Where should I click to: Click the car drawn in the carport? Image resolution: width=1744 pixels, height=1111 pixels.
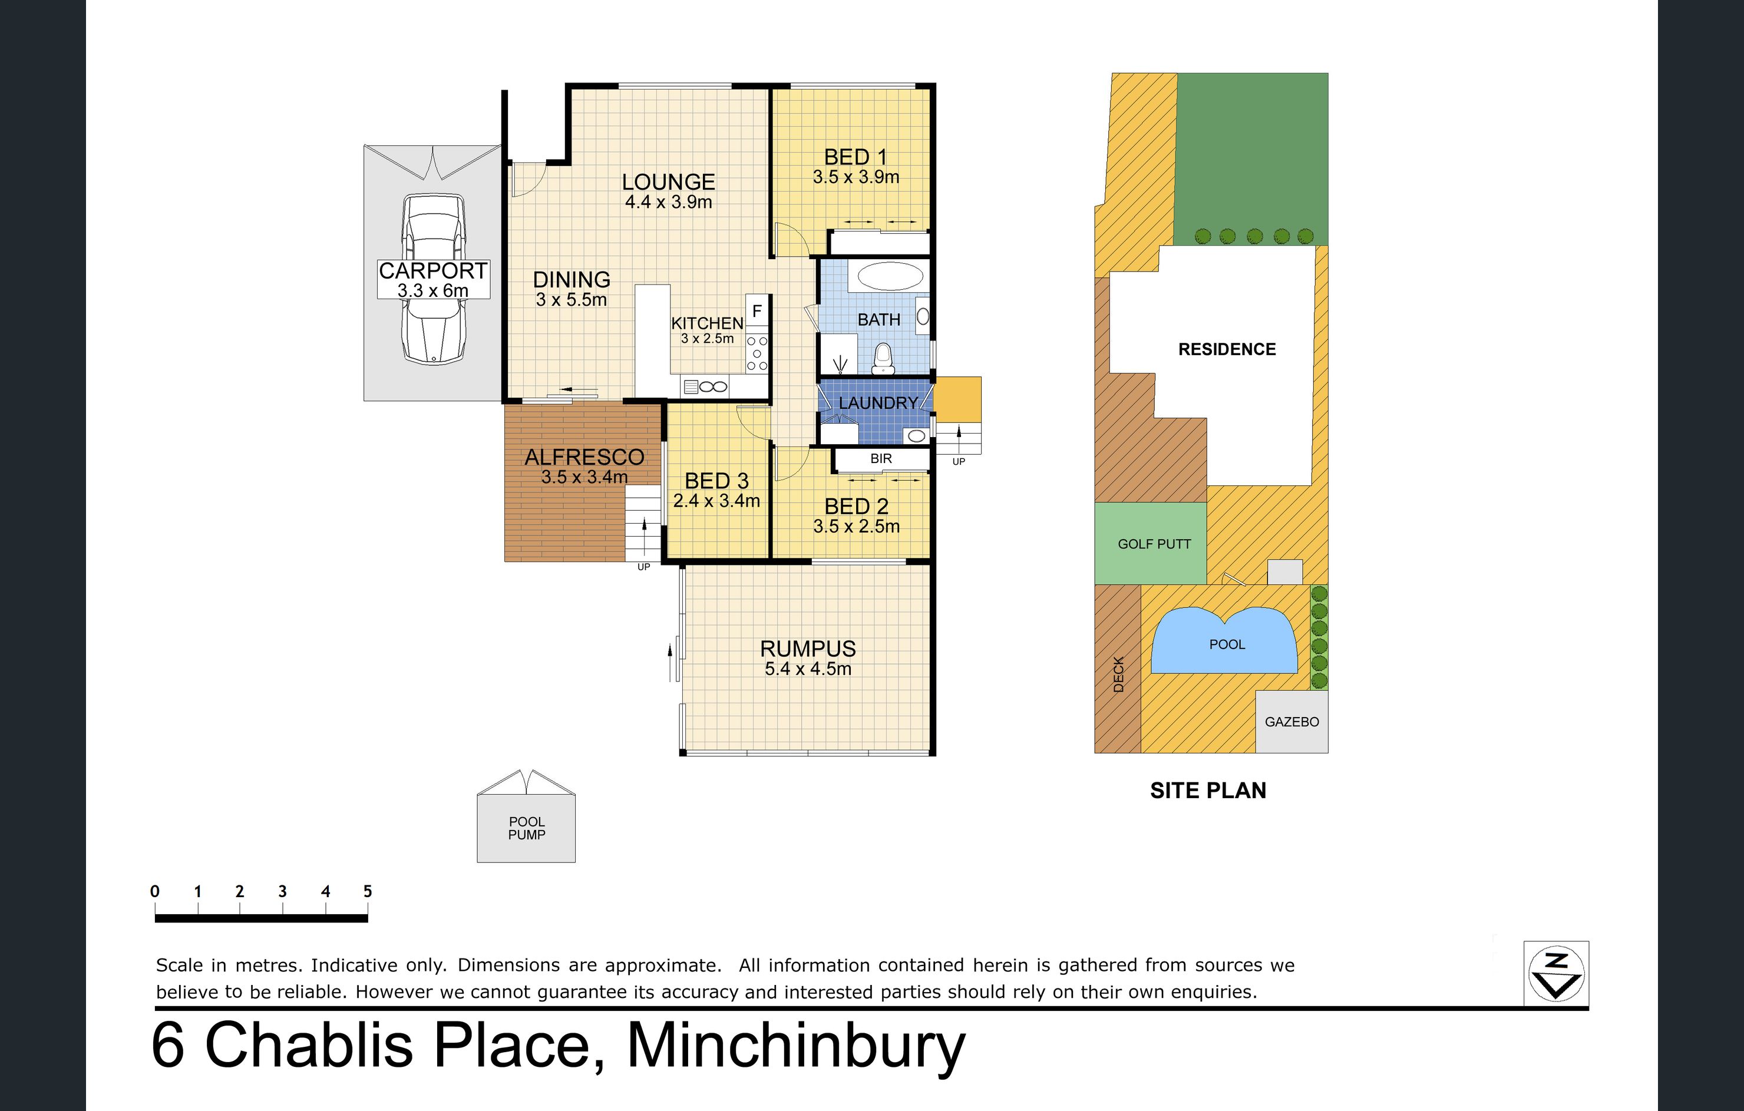(x=433, y=279)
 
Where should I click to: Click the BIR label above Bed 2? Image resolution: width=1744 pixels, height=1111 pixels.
(x=881, y=458)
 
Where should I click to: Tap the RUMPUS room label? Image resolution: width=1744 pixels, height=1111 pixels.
(x=808, y=648)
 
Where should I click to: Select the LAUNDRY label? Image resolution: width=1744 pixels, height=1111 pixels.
(x=878, y=403)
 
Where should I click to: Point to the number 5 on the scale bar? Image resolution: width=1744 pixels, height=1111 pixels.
(x=368, y=891)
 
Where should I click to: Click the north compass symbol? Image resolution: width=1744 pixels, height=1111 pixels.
(x=1557, y=973)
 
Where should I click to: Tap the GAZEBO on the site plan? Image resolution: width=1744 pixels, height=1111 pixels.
(x=1292, y=722)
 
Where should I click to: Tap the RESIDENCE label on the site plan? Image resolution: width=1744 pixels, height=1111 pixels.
(x=1227, y=349)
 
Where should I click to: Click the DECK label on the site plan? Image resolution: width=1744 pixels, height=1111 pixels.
(x=1118, y=674)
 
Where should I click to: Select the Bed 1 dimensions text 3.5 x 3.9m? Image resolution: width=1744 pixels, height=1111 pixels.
(x=856, y=177)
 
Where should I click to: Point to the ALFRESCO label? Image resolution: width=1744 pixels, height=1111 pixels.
(x=584, y=457)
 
